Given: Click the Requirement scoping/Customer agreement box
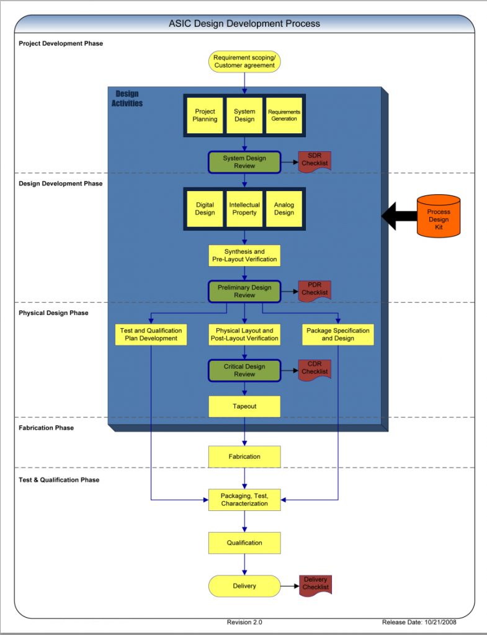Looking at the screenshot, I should tap(244, 61).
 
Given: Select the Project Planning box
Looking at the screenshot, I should tap(205, 115).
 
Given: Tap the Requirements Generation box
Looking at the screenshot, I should tap(284, 115).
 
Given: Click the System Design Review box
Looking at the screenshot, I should tap(244, 162).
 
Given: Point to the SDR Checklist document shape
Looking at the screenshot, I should tap(315, 161).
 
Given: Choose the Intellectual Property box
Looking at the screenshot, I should tap(244, 208).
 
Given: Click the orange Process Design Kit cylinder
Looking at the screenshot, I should tap(439, 216).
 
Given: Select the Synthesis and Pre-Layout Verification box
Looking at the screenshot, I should tap(244, 255).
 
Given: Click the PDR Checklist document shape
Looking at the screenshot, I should tap(315, 291).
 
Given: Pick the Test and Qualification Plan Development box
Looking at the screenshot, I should tap(151, 334).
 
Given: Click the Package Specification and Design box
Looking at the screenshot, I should tap(338, 334).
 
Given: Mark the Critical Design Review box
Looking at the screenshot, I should tap(244, 370).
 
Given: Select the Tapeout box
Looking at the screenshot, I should tap(244, 406).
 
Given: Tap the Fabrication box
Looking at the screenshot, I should tap(244, 456).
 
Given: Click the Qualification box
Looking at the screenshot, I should tap(244, 543).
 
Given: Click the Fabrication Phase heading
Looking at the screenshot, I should tap(46, 428).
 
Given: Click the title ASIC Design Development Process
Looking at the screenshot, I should tap(244, 24).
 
